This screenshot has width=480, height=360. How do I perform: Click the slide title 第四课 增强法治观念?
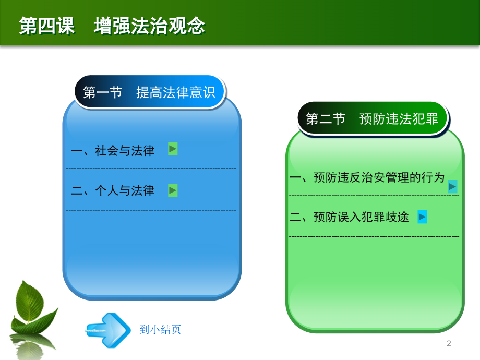point(112,26)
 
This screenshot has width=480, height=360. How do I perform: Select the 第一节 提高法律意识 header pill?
point(149,92)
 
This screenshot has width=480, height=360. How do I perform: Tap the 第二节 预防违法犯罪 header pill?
point(372,119)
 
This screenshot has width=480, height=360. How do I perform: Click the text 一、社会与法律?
point(113,151)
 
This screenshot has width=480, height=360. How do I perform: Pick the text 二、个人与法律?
point(113,191)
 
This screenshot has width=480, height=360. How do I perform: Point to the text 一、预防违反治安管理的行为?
point(367,178)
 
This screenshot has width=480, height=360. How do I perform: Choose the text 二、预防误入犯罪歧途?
point(349,218)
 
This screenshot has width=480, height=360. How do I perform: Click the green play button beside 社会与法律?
point(173,149)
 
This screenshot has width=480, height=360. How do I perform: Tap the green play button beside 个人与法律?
point(173,190)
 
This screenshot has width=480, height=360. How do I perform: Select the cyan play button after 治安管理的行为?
point(452,186)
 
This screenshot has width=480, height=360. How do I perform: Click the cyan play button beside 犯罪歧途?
point(423,217)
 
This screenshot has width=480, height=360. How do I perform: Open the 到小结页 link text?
point(160,330)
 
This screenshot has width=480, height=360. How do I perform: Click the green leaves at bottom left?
point(34,308)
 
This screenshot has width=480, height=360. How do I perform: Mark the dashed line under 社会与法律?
point(151,169)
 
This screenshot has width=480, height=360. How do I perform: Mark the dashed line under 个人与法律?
point(151,210)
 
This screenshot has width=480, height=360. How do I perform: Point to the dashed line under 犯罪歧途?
point(374,237)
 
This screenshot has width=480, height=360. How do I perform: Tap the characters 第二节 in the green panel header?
point(326,119)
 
